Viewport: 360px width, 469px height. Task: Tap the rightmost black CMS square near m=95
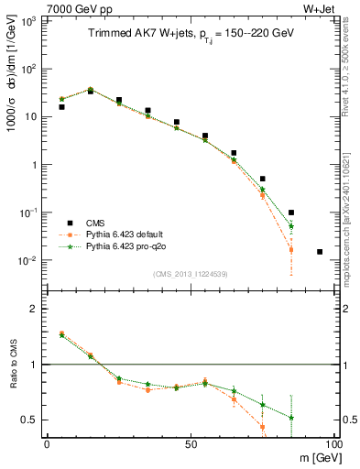click(320, 251)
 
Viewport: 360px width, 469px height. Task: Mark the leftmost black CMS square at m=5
click(61, 107)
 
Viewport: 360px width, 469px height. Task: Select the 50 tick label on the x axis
click(191, 442)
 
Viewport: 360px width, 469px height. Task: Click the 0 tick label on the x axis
click(47, 442)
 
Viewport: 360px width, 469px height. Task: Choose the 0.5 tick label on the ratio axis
click(30, 420)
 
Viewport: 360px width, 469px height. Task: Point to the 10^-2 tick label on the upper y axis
click(27, 260)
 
